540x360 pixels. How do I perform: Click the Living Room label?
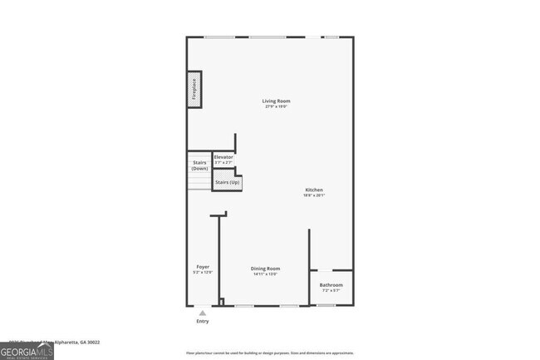277,101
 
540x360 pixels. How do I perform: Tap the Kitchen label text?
313,190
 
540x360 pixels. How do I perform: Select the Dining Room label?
266,269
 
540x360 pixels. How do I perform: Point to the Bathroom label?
331,285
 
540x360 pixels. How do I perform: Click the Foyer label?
203,267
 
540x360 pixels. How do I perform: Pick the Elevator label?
223,156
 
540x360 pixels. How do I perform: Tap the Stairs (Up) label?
228,182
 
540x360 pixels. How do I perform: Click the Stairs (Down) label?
199,165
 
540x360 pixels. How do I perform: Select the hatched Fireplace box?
194,89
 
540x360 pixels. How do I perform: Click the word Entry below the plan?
203,321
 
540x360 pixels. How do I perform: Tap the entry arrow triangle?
203,313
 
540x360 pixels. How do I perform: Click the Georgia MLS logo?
27,350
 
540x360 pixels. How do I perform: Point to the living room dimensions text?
277,107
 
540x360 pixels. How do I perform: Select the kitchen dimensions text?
313,195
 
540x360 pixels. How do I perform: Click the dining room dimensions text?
266,274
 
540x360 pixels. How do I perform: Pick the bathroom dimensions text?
331,291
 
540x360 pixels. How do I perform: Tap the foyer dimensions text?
203,273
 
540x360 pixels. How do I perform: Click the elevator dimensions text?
223,162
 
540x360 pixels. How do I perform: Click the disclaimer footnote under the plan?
271,353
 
